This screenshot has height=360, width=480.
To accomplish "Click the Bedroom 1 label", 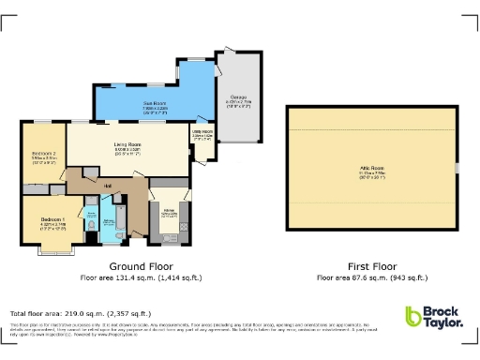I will coord(52,220).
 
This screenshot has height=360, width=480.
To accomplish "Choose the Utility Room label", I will coord(202,133).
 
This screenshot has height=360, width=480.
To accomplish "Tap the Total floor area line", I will coord(80,313).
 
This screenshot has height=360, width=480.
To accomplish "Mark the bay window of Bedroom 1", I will coord(50,248).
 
